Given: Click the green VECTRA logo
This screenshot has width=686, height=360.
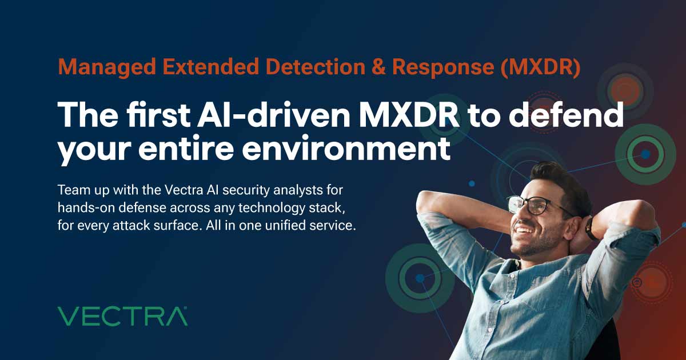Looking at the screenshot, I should point(122,315).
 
